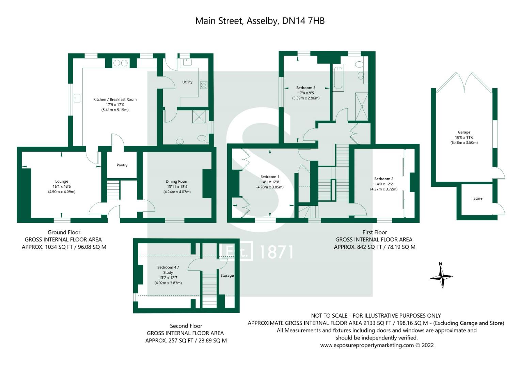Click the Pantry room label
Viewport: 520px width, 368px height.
(x=122, y=165)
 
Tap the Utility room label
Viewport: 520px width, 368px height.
(x=187, y=82)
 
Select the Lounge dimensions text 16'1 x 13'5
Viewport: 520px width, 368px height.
(x=62, y=187)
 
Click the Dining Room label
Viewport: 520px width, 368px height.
(x=177, y=182)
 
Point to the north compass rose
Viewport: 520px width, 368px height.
(x=441, y=276)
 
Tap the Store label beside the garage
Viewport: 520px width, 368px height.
(x=478, y=198)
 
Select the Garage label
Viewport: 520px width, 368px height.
(x=464, y=132)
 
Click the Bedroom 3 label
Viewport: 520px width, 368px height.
(x=305, y=88)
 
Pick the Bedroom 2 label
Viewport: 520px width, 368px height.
(x=383, y=179)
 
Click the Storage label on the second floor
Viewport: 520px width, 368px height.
(x=227, y=276)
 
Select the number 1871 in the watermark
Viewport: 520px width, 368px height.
(x=276, y=252)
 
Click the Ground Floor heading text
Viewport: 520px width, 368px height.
(x=64, y=232)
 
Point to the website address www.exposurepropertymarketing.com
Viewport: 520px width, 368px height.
(x=367, y=345)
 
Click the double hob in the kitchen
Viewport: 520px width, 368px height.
(x=120, y=63)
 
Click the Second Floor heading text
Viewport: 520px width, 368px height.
(x=186, y=326)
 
